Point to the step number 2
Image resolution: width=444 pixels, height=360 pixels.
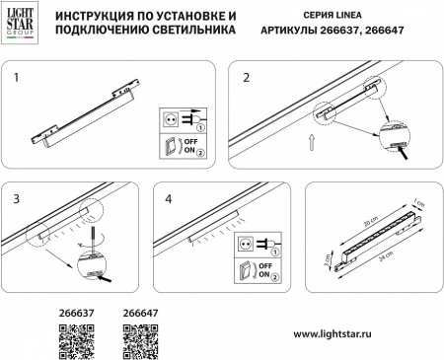pyautogui.click(x=247, y=76)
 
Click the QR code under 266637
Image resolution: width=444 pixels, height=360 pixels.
pyautogui.click(x=77, y=340)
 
